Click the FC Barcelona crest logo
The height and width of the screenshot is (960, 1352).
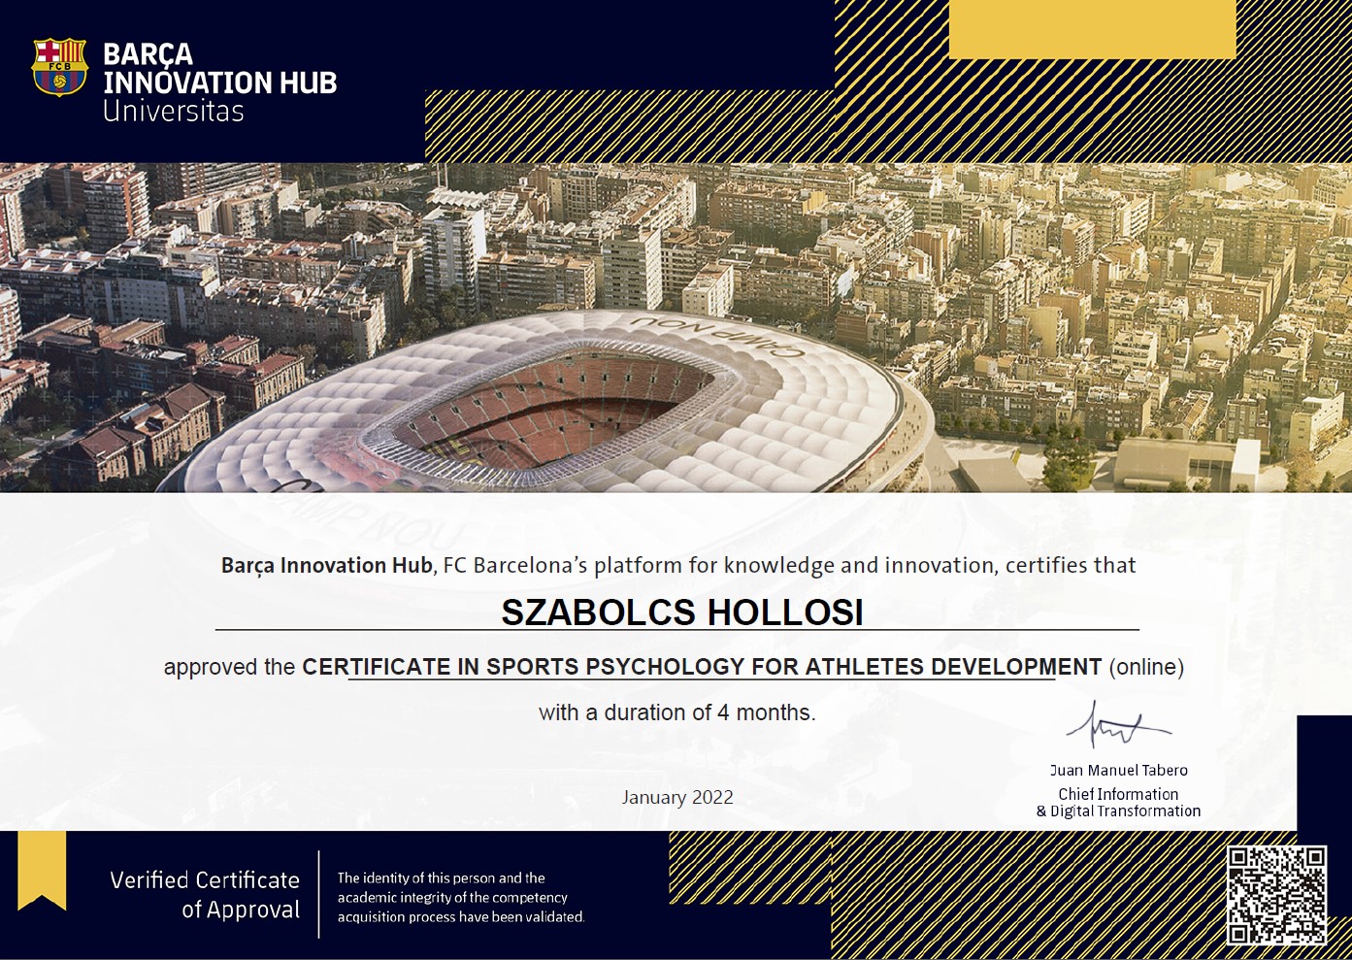click(x=59, y=67)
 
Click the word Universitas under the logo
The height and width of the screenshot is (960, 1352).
click(x=173, y=112)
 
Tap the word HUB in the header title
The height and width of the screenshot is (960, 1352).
click(x=308, y=83)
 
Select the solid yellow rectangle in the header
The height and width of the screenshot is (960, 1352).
click(x=1093, y=29)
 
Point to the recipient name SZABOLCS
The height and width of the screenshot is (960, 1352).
click(x=598, y=612)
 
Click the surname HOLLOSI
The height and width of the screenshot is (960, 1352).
click(x=785, y=612)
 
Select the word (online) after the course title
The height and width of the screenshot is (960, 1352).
click(x=1146, y=667)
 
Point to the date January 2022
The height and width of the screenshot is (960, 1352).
click(x=677, y=797)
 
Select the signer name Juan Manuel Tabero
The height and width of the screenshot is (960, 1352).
click(x=1118, y=770)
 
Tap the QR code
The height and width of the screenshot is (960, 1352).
click(x=1276, y=895)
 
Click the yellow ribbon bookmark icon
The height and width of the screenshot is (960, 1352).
click(x=42, y=870)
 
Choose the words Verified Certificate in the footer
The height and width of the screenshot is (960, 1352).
click(x=205, y=880)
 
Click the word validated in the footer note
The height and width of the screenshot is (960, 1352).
click(x=553, y=916)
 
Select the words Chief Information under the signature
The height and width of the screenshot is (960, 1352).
click(x=1118, y=794)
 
